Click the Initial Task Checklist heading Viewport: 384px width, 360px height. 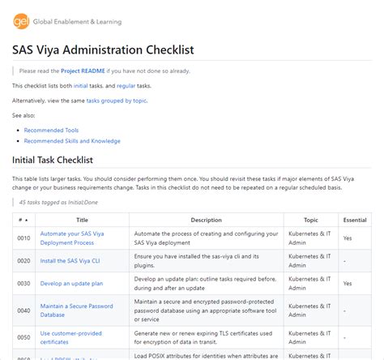click(64, 160)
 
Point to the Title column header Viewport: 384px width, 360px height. click(82, 220)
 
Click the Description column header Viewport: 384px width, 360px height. click(206, 220)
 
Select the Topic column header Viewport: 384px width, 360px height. click(310, 220)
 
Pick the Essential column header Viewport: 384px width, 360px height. click(354, 220)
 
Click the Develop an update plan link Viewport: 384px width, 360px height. click(71, 284)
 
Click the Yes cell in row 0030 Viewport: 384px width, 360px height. click(348, 284)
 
